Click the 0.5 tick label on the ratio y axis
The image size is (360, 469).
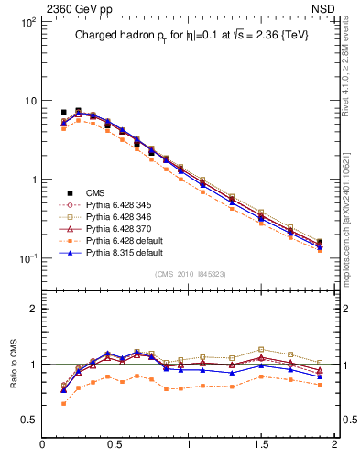28,420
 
